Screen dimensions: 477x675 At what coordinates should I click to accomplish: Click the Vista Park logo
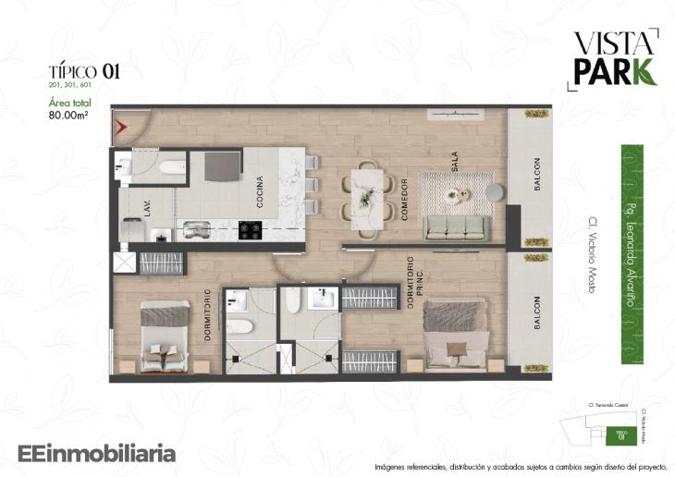(x=615, y=57)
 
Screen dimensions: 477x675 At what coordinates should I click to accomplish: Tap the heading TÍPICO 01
(x=84, y=70)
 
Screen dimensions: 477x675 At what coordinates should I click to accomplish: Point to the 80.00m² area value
(x=73, y=116)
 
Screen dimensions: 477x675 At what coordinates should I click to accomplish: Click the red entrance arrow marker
(x=120, y=123)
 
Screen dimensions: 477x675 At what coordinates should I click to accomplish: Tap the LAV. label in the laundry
(x=147, y=206)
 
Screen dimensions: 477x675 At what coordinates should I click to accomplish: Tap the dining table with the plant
(x=366, y=199)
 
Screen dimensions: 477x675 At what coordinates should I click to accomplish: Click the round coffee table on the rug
(x=454, y=194)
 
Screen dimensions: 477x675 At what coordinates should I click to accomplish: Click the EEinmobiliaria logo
(x=97, y=454)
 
